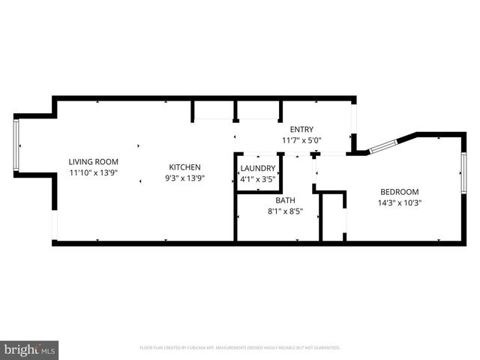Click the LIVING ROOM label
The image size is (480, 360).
point(94,161)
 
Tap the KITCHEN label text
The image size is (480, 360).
point(184,166)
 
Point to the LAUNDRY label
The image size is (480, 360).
point(258,169)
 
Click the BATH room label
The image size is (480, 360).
point(285,200)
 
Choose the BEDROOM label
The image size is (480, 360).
point(400,191)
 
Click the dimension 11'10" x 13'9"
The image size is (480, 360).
point(94,172)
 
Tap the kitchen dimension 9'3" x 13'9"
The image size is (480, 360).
point(184,178)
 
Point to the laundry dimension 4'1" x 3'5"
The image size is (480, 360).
point(258,179)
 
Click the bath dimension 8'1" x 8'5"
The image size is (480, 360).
point(285,211)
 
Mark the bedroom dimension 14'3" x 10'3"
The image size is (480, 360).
point(400,202)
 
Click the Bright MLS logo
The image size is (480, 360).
point(30,349)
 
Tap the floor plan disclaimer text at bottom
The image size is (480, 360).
point(240,348)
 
